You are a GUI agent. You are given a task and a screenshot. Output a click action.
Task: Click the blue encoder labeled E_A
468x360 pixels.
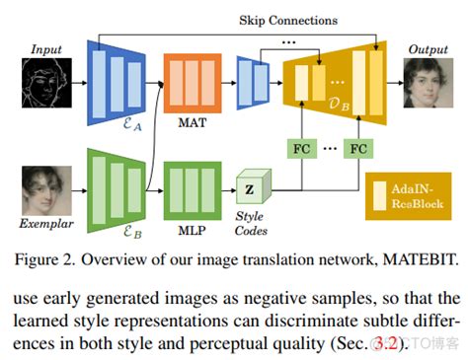coord(117,78)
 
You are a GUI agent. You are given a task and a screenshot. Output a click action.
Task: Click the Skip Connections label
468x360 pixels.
coord(287,20)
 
